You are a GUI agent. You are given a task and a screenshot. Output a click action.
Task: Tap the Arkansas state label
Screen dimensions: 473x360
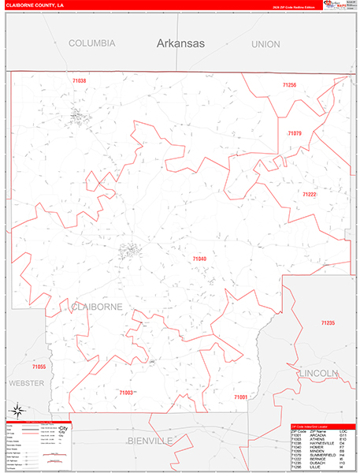pyautogui.click(x=180, y=44)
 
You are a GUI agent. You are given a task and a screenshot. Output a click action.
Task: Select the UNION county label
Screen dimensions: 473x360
pyautogui.click(x=265, y=45)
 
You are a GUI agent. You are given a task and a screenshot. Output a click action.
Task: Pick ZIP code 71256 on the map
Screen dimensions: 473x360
pyautogui.click(x=289, y=84)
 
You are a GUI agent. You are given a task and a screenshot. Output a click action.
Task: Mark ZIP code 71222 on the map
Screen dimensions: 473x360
pyautogui.click(x=309, y=194)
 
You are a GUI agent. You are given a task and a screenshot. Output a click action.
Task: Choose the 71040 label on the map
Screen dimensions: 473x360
pyautogui.click(x=199, y=259)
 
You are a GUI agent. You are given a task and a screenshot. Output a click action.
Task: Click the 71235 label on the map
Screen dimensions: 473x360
pyautogui.click(x=328, y=323)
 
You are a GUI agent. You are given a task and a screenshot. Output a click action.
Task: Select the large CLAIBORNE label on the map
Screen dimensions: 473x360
pyautogui.click(x=97, y=306)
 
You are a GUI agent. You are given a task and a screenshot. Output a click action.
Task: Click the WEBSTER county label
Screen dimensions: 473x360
pyautogui.click(x=27, y=382)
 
